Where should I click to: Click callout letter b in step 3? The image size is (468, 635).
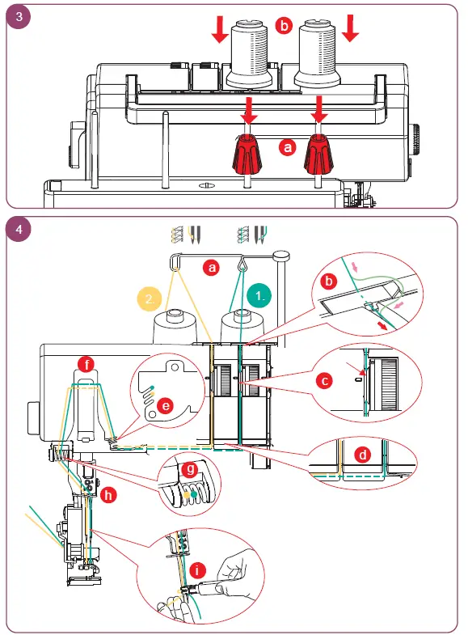tap(282, 25)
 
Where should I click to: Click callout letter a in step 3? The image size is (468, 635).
tap(285, 148)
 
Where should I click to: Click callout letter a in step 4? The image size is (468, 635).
tap(212, 266)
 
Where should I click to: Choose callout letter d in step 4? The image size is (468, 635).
tap(364, 455)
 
